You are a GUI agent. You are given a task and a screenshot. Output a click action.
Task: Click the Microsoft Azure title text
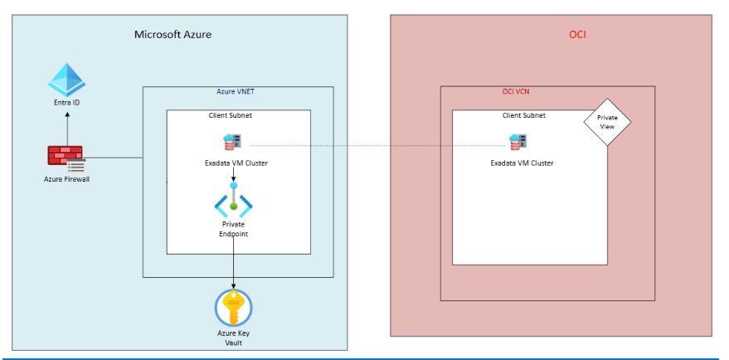[x=173, y=35]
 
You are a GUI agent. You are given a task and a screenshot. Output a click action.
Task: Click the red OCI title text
[x=578, y=35]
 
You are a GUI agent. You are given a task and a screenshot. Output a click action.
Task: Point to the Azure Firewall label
[x=67, y=178]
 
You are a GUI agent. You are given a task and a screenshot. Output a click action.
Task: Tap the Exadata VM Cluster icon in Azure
[x=231, y=142]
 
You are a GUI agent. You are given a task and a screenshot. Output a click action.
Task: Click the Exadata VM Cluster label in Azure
[x=236, y=163]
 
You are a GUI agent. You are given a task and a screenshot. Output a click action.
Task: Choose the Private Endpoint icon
[x=234, y=203]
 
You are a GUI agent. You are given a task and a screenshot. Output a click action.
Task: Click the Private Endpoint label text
[x=234, y=229]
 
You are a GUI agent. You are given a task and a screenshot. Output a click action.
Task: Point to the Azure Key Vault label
[x=233, y=338]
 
